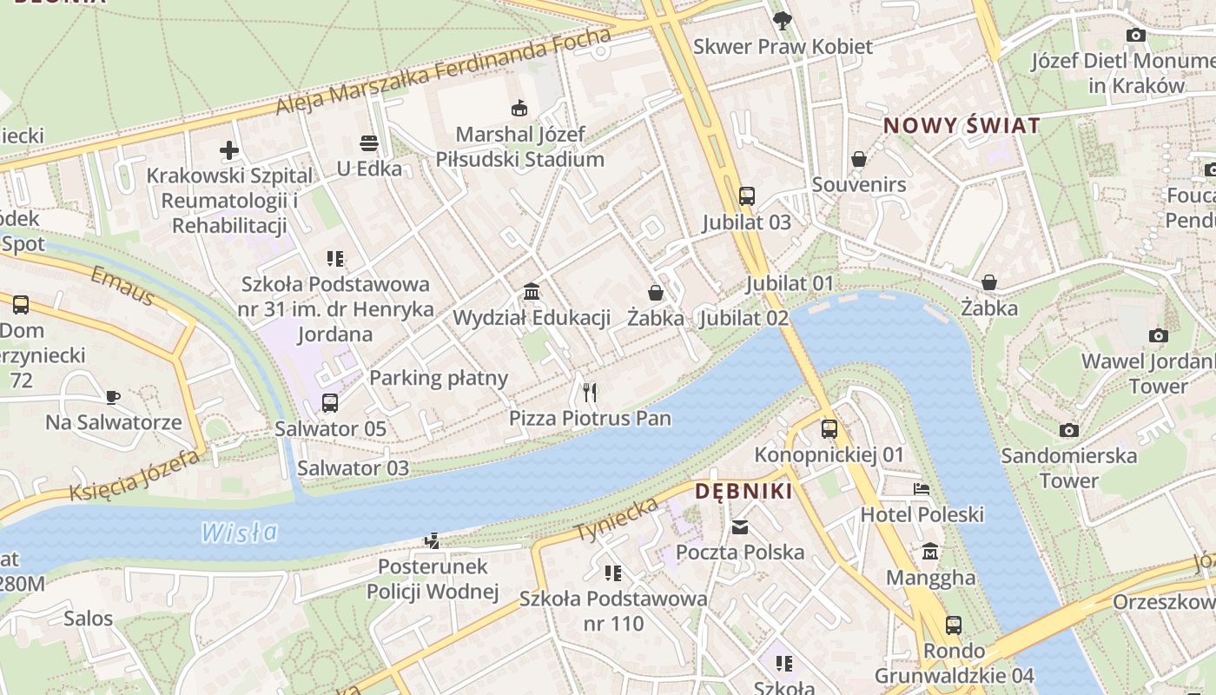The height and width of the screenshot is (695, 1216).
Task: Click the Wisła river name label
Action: click(x=239, y=532)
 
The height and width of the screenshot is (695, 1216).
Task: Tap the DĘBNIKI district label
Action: click(x=743, y=492)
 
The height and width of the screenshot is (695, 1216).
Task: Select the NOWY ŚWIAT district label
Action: click(x=962, y=125)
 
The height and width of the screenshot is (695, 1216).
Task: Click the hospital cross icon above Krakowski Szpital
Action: click(x=229, y=150)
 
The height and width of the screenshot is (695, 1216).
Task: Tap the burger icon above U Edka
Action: click(x=369, y=143)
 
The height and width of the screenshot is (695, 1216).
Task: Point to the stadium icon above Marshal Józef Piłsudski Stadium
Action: click(x=519, y=109)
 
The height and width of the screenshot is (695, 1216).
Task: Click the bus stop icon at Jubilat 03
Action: click(x=747, y=196)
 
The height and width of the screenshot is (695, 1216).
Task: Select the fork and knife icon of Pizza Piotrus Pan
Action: click(x=591, y=393)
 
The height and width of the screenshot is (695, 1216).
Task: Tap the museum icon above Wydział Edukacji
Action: click(x=532, y=292)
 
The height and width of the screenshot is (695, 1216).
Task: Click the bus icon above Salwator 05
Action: click(x=330, y=403)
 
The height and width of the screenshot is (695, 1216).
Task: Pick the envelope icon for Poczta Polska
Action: click(x=740, y=526)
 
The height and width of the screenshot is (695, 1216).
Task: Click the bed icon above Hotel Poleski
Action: click(x=922, y=489)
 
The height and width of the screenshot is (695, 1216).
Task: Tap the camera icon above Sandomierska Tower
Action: click(x=1069, y=430)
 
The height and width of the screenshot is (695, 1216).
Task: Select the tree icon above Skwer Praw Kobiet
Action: click(x=783, y=21)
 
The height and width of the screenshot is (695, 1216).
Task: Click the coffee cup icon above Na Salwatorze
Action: click(x=113, y=397)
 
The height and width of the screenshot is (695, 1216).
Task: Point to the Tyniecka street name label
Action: click(x=617, y=520)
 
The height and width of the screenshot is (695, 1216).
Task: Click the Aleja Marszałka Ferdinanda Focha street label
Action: click(x=443, y=73)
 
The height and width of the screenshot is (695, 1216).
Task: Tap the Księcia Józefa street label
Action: click(x=135, y=477)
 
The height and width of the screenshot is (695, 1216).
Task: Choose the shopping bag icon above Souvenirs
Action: click(x=859, y=159)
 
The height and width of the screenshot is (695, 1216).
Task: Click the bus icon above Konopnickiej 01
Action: click(x=829, y=428)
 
